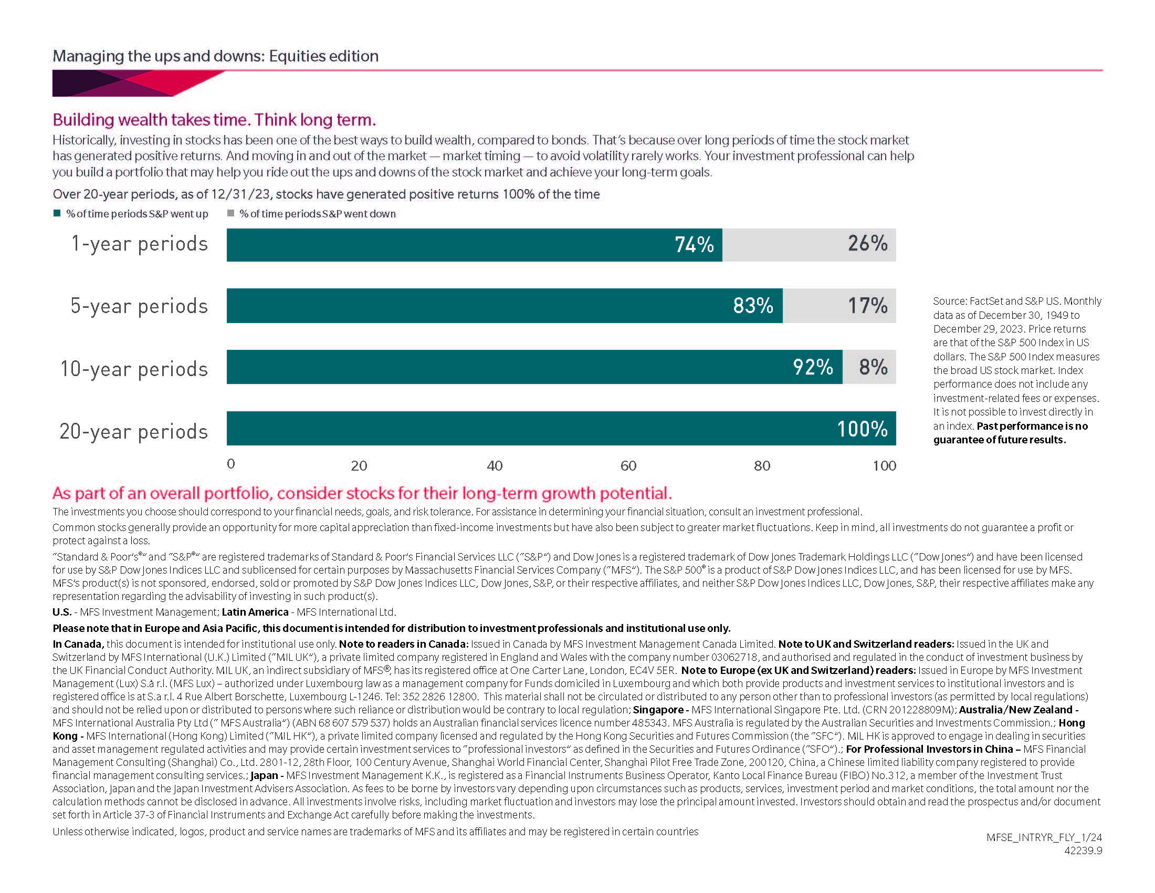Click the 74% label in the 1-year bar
[694, 244]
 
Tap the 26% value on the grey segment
[867, 243]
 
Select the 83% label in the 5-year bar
[753, 305]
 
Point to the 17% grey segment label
[867, 305]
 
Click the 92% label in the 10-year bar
[813, 367]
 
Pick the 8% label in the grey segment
[873, 367]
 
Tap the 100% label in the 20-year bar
[862, 429]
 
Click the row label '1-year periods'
[140, 244]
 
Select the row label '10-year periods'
[134, 369]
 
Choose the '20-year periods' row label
[134, 431]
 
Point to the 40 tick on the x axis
[495, 465]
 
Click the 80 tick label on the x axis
[762, 465]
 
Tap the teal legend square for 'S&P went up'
[57, 213]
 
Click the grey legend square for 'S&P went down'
[230, 213]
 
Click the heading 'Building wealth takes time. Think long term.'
[214, 120]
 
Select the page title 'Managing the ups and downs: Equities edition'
[215, 56]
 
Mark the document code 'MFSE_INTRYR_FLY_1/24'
[1044, 837]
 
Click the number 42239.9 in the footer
[1083, 850]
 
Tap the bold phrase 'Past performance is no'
[1032, 426]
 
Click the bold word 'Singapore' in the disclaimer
[658, 710]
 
